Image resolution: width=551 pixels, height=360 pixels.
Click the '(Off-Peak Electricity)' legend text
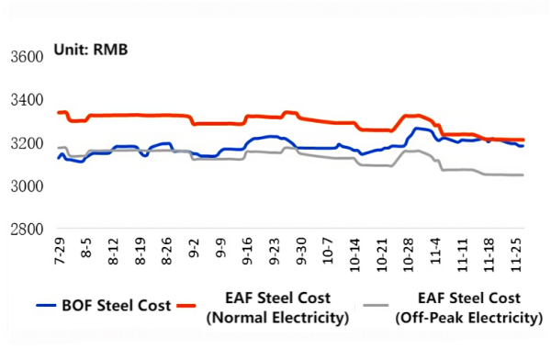(x=467, y=318)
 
